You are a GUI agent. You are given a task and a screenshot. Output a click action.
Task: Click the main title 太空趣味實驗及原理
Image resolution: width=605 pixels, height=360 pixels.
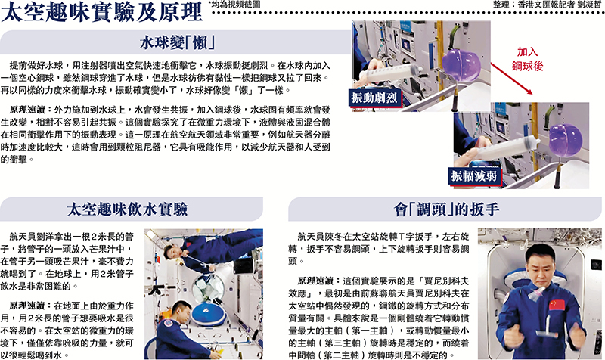pos(101,11)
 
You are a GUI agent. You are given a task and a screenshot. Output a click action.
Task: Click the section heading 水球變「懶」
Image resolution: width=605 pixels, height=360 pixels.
pos(177,42)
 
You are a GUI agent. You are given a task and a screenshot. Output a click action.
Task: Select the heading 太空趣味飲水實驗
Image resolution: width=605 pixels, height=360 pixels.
pos(127,209)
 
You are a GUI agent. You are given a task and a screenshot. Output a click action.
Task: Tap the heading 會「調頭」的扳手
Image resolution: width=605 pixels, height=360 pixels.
pos(446,209)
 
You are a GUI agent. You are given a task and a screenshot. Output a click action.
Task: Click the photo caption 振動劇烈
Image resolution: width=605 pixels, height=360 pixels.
pos(374,98)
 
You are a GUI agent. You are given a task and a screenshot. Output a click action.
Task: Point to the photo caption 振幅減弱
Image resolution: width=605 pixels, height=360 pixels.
pos(474,176)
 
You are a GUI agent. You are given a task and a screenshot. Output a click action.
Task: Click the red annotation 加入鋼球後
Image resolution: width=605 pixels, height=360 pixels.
pos(527,59)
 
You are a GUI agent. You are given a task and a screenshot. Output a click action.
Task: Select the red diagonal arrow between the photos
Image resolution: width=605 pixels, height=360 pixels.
pos(512,79)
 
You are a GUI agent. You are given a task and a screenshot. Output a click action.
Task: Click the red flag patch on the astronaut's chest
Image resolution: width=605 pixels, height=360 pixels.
pos(556,305)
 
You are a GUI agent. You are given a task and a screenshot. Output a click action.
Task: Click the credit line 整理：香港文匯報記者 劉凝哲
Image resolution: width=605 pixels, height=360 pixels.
pos(547,5)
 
